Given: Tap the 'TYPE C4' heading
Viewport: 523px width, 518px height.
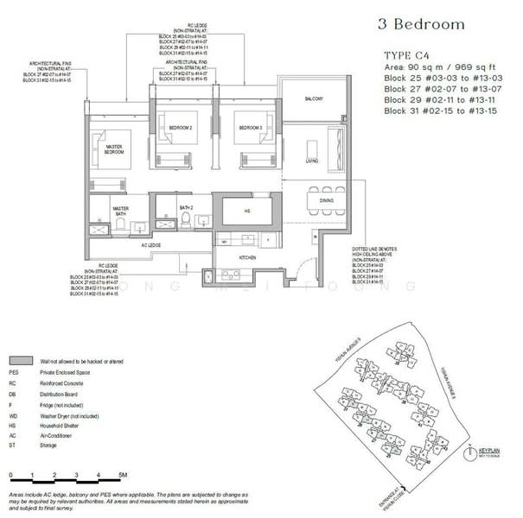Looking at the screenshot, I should pyautogui.click(x=408, y=54).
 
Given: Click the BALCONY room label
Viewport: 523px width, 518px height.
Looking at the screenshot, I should pyautogui.click(x=313, y=100).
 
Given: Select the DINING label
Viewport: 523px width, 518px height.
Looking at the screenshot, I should pyautogui.click(x=327, y=200).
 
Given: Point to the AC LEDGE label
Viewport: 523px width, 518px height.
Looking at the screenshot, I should pyautogui.click(x=152, y=244).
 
